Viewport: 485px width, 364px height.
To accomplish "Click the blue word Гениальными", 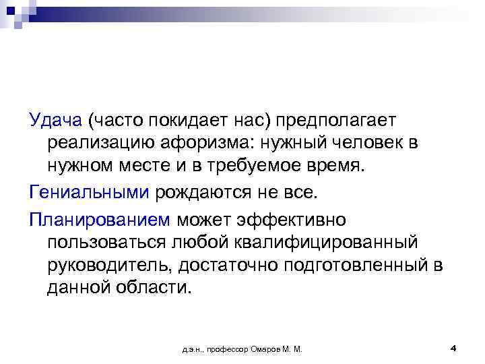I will coord(90,193).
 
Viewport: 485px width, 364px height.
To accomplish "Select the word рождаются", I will coord(205,193).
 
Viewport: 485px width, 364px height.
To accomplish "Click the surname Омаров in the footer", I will coord(266,349).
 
